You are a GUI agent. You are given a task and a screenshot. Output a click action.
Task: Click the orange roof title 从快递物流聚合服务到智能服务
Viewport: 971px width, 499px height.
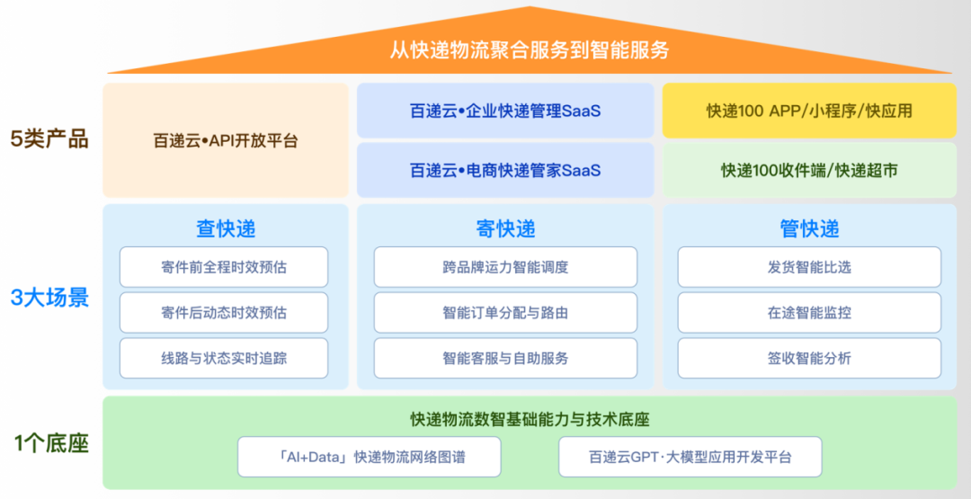(530, 49)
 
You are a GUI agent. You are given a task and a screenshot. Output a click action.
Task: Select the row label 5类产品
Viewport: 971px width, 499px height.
(49, 140)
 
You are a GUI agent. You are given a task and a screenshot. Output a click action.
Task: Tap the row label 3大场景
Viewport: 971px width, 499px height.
(49, 299)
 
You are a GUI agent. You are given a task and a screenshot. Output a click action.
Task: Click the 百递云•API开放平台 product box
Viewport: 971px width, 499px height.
(226, 140)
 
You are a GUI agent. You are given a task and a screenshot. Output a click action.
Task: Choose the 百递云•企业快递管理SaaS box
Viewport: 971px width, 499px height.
(505, 111)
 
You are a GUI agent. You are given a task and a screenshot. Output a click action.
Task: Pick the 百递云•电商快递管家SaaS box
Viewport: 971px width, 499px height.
(505, 170)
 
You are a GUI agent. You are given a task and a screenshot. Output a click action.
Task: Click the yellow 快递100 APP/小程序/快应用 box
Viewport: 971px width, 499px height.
(809, 111)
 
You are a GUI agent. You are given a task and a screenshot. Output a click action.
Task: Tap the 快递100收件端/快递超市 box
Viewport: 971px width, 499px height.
(809, 170)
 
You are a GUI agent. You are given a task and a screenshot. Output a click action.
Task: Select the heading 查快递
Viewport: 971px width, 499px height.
(226, 229)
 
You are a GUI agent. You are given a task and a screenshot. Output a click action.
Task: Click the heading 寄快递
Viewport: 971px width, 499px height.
(505, 229)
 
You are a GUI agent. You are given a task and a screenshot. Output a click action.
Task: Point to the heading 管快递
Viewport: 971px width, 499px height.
(809, 229)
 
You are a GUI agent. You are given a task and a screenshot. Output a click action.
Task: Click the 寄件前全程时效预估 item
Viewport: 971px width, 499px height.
(224, 267)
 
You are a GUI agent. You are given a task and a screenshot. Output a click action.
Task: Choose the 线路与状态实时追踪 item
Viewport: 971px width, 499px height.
(224, 358)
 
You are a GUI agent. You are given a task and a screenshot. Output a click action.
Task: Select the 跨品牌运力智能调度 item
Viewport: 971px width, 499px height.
(505, 267)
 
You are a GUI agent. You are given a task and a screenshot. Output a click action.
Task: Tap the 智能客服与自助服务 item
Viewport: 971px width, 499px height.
(505, 358)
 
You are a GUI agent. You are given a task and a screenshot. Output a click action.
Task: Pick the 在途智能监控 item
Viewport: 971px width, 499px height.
(809, 312)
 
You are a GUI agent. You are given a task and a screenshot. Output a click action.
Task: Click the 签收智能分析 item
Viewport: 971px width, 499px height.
(809, 358)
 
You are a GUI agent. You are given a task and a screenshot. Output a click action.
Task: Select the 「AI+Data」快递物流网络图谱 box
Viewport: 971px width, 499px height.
(370, 457)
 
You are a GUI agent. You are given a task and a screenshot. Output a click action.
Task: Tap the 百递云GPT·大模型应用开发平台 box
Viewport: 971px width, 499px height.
(690, 457)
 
